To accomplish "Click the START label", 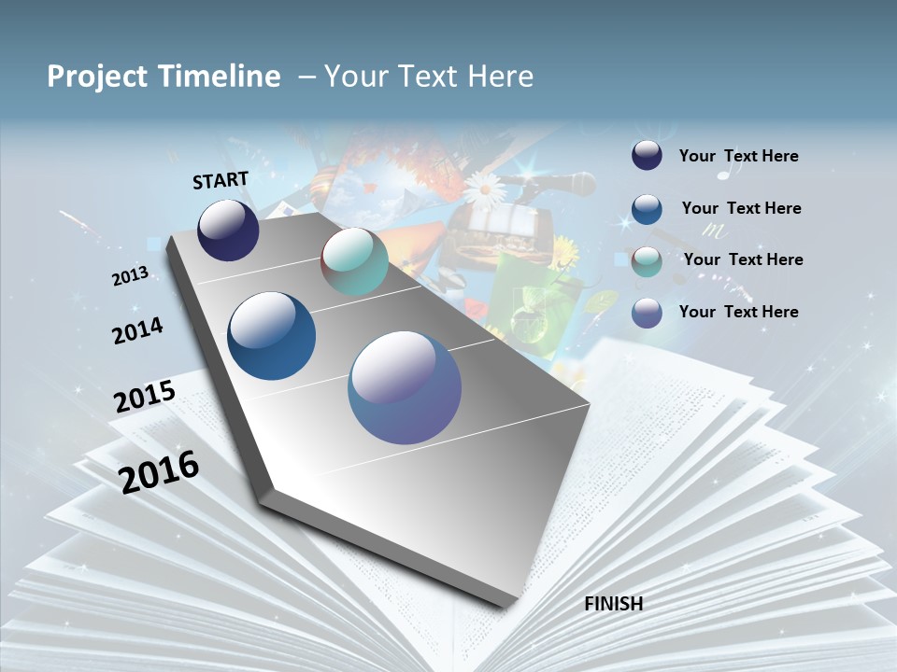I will [x=221, y=180].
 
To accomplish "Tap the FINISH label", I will [x=613, y=604].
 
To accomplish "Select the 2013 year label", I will [x=131, y=276].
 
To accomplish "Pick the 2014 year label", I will [x=137, y=330].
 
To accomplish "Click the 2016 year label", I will [x=159, y=471].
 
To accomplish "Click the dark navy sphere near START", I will [x=228, y=231].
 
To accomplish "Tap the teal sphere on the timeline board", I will [x=354, y=261].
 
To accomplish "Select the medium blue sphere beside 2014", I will [x=271, y=336].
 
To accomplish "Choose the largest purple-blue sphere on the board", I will [x=405, y=387].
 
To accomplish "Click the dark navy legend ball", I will [x=647, y=156].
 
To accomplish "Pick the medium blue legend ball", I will [x=647, y=209].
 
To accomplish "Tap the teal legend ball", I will [x=647, y=261].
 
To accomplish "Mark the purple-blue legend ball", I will [x=647, y=313].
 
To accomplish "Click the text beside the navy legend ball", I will [x=738, y=157].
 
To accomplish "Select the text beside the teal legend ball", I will [x=743, y=259].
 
